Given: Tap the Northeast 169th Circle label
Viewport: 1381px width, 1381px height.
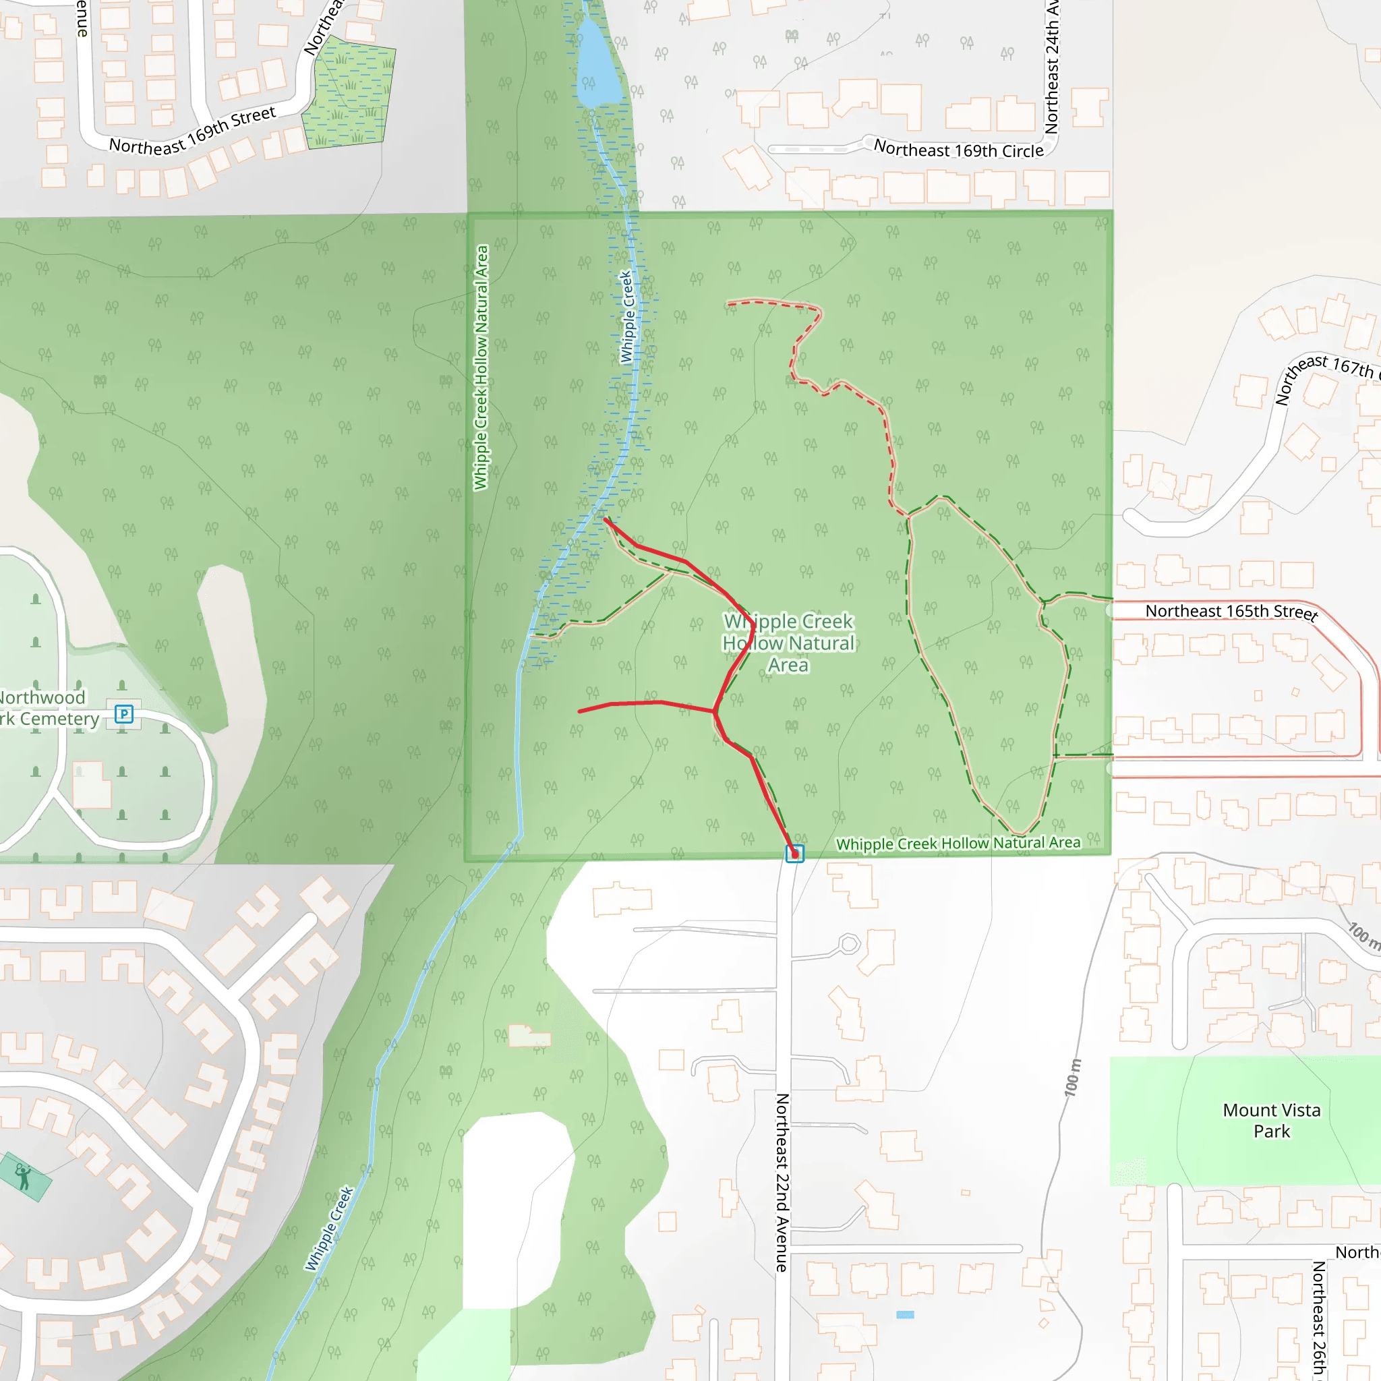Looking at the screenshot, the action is [959, 150].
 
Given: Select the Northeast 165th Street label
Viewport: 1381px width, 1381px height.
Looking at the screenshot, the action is [1231, 612].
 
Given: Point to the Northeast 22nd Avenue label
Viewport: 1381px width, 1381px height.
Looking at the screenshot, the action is [783, 1182].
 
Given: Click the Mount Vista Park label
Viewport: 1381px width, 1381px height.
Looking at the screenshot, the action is [1272, 1120].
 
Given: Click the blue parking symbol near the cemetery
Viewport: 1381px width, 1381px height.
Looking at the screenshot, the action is [123, 713].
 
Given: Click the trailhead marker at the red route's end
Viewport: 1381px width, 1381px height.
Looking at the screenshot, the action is [794, 854].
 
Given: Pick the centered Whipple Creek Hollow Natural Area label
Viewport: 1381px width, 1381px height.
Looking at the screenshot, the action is [788, 643].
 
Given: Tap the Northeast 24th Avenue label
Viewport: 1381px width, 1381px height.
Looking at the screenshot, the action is [1051, 68].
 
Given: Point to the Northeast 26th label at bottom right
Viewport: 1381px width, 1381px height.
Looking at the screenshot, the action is [1319, 1319].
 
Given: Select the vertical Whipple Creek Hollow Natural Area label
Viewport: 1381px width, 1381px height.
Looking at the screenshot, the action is [481, 368].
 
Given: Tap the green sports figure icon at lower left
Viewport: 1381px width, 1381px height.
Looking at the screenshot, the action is [24, 1176].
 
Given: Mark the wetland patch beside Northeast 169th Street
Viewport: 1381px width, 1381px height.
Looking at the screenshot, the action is [350, 93].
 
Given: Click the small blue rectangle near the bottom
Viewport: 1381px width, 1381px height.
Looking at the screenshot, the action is [905, 1314].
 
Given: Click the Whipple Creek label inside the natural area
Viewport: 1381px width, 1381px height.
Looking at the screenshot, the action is [627, 316].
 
